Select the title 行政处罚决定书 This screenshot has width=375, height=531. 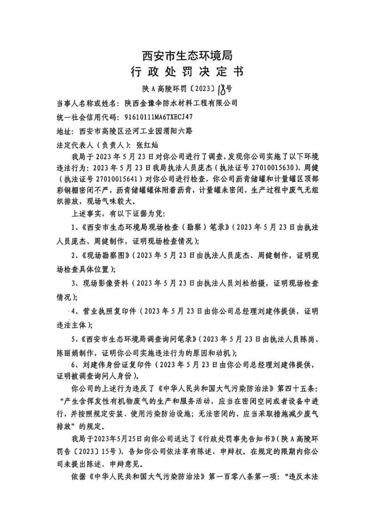pyautogui.click(x=187, y=73)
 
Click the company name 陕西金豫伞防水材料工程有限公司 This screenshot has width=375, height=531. pyautogui.click(x=181, y=102)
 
